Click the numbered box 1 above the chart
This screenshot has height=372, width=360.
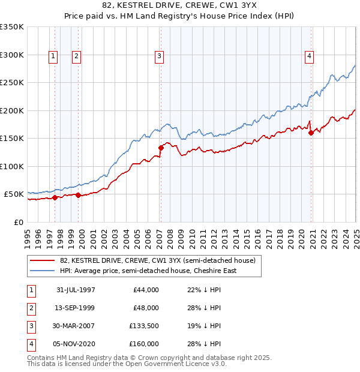tap(53, 56)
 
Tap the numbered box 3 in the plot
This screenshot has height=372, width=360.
tap(160, 56)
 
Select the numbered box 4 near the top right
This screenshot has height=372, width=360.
tap(310, 56)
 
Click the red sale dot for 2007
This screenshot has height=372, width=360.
tap(161, 148)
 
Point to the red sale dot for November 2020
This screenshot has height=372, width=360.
tap(311, 133)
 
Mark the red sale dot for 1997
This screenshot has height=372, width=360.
tap(55, 197)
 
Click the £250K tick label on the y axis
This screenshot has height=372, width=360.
tap(11, 83)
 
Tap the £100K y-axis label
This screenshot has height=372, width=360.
tap(11, 166)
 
